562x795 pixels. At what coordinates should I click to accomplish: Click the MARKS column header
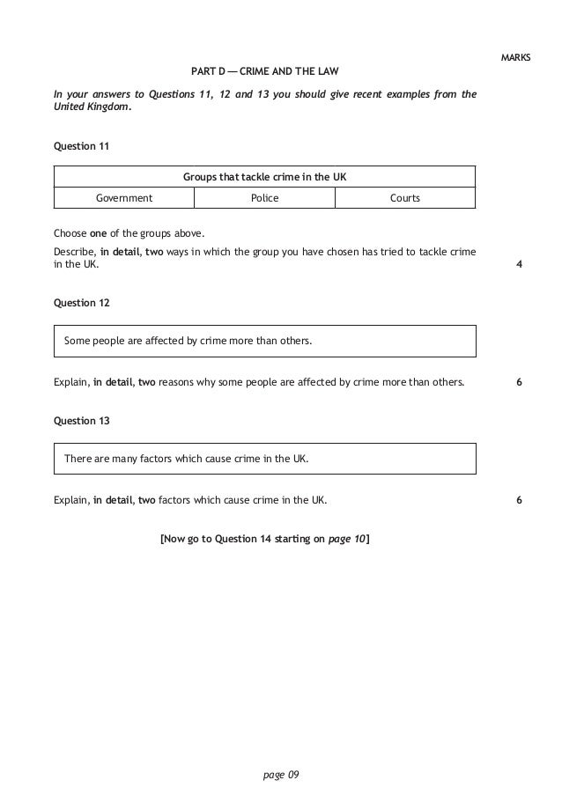pyautogui.click(x=515, y=58)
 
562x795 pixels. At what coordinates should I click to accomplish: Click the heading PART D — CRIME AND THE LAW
pyautogui.click(x=265, y=70)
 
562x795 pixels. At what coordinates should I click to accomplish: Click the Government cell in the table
pyautogui.click(x=124, y=198)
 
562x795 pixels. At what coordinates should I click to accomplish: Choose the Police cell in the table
pyautogui.click(x=264, y=198)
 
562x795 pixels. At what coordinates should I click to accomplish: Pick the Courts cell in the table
pyautogui.click(x=405, y=198)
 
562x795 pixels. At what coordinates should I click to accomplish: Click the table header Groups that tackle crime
pyautogui.click(x=264, y=177)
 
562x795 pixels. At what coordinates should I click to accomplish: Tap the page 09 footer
pyautogui.click(x=282, y=775)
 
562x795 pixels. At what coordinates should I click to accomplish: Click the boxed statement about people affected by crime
pyautogui.click(x=188, y=341)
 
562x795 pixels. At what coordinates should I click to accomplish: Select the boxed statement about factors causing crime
pyautogui.click(x=186, y=459)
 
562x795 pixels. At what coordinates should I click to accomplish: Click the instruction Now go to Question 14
pyautogui.click(x=264, y=538)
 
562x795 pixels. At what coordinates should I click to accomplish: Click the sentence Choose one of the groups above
pyautogui.click(x=129, y=234)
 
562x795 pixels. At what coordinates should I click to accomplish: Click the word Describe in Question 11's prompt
pyautogui.click(x=74, y=252)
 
